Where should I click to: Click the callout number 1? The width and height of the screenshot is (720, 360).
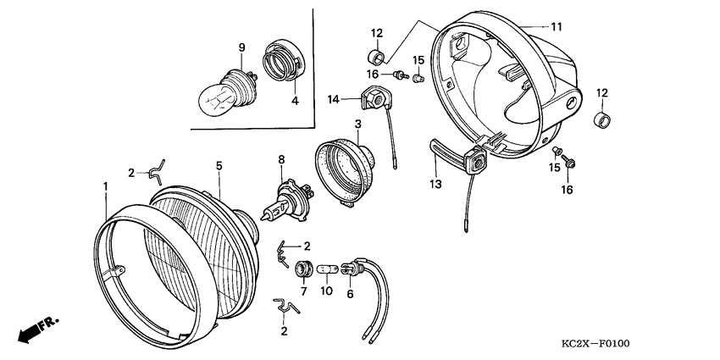106,186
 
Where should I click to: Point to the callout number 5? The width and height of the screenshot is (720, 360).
219,168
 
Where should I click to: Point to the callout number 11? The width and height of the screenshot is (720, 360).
556,27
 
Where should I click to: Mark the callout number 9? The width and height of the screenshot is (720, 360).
241,47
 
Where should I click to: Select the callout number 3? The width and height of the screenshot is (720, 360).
358,125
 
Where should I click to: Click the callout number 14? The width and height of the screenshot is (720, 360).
335,100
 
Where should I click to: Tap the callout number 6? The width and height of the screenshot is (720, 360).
349,294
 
